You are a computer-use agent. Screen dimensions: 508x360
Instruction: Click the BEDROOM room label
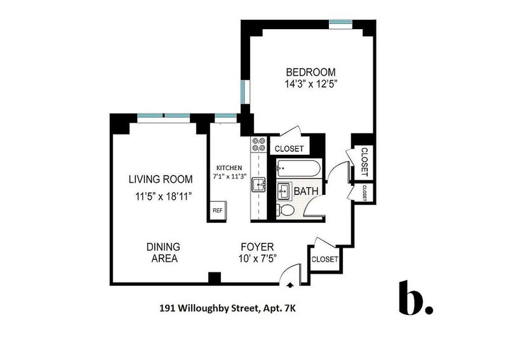311,72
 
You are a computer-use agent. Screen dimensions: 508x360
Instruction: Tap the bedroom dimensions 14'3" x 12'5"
311,84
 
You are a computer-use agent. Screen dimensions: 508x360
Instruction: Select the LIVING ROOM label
161,179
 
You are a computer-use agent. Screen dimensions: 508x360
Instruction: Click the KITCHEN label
229,168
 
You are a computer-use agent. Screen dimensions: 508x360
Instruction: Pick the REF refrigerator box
218,210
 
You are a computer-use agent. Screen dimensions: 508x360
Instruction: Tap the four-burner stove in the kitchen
258,145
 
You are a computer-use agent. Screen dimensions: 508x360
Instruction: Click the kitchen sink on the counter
258,185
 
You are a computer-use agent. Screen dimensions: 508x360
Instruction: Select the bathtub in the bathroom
298,168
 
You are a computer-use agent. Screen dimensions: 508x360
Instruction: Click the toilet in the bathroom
285,210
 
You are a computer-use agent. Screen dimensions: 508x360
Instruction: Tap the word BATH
306,191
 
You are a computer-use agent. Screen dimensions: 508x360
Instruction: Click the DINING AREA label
163,253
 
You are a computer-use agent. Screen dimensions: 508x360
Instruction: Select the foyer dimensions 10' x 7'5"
258,258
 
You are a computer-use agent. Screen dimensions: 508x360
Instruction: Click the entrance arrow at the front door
290,285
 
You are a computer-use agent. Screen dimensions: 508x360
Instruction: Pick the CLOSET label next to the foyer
324,259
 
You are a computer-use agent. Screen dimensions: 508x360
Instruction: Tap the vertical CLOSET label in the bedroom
364,162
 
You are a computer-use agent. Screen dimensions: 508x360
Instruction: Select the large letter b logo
415,298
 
